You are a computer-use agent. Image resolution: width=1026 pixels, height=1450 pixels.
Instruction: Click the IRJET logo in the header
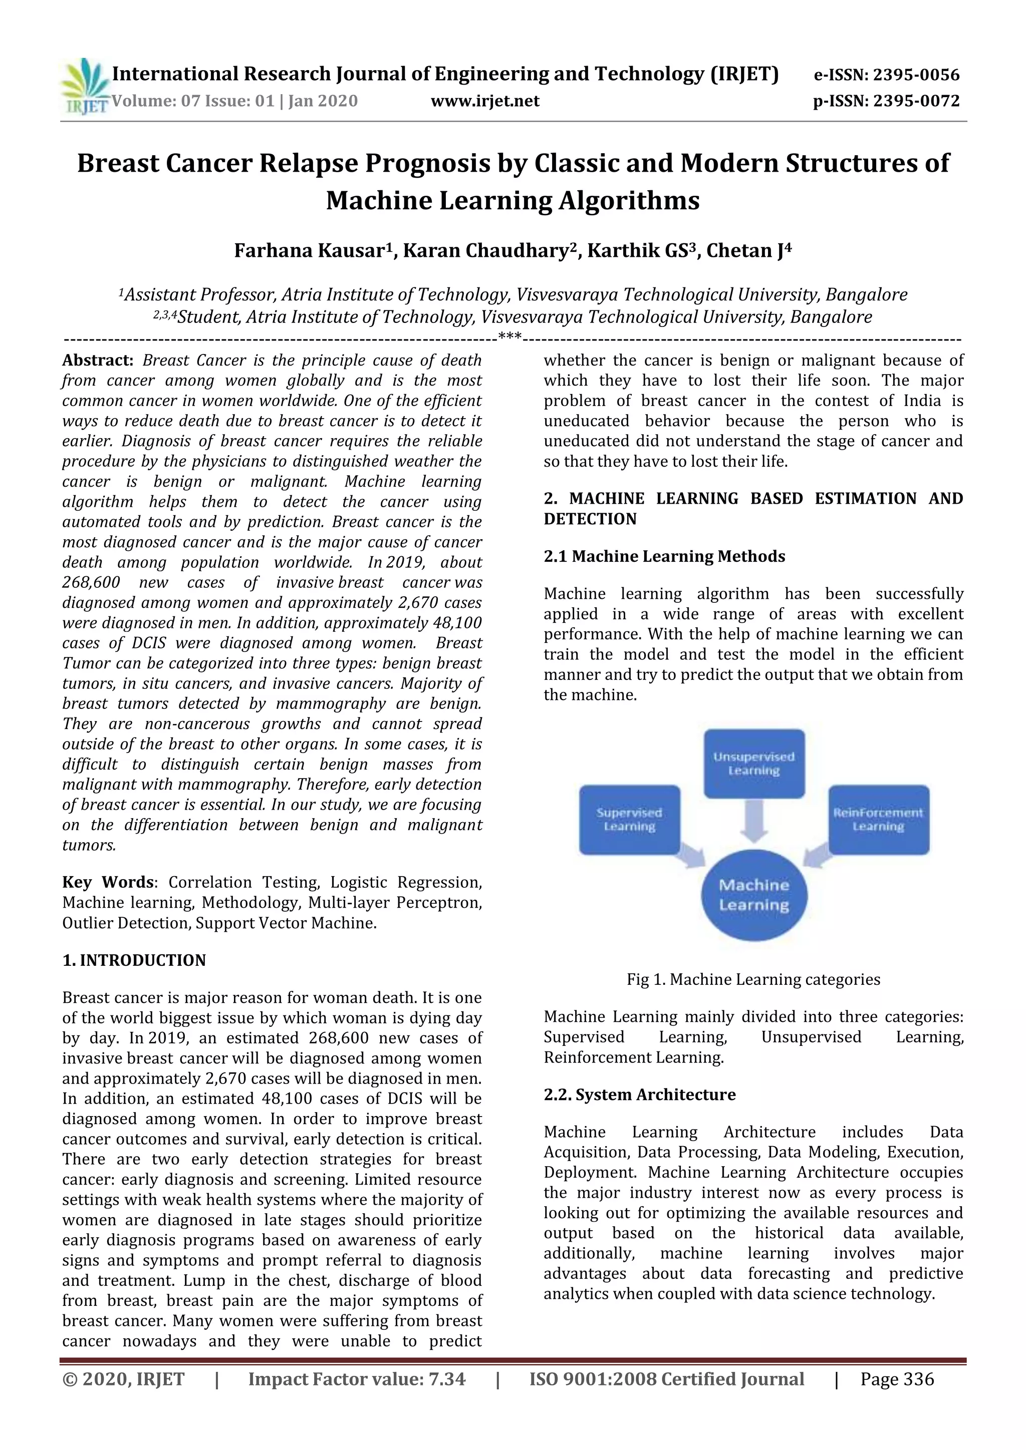85,87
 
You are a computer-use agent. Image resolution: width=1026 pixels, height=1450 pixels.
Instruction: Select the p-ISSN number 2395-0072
916,101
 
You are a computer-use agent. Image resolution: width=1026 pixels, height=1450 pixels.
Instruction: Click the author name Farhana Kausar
309,251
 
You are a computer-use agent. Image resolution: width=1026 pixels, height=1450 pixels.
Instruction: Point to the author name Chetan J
745,251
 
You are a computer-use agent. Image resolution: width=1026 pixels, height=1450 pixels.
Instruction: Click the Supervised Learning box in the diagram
629,820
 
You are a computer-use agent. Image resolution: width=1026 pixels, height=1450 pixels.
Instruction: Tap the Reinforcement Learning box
878,820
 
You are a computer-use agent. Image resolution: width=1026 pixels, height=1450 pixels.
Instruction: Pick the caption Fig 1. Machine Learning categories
753,979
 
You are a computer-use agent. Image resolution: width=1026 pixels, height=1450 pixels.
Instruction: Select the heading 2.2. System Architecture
639,1095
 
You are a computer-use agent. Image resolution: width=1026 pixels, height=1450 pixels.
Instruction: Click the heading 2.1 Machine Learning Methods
664,556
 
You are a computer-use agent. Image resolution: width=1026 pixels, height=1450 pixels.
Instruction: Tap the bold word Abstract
97,360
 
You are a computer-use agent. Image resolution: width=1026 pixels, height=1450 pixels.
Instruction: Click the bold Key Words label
107,882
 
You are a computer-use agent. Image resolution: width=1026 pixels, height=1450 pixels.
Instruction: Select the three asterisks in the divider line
509,336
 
